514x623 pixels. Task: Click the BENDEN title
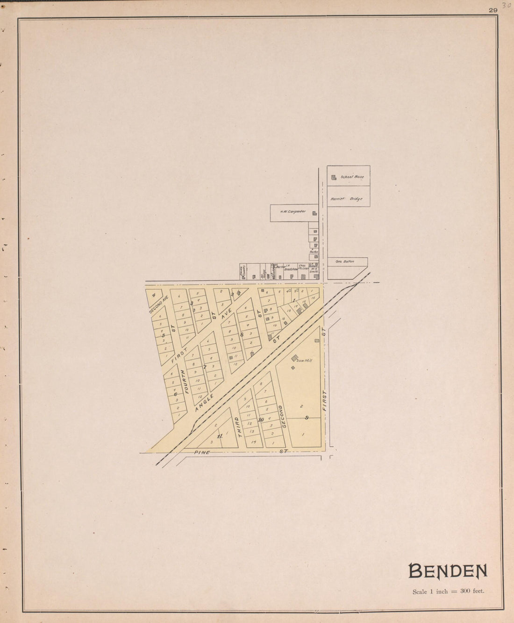click(448, 571)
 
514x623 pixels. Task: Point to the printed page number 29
click(493, 10)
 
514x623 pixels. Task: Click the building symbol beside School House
click(334, 178)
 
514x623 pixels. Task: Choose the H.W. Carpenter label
click(293, 211)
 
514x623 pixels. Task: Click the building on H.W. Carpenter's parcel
click(314, 214)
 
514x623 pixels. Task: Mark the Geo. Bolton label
click(345, 261)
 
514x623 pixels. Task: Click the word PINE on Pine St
click(202, 452)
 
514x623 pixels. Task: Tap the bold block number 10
click(261, 420)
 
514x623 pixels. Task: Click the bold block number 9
click(307, 417)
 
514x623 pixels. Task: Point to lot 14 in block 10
click(254, 442)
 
